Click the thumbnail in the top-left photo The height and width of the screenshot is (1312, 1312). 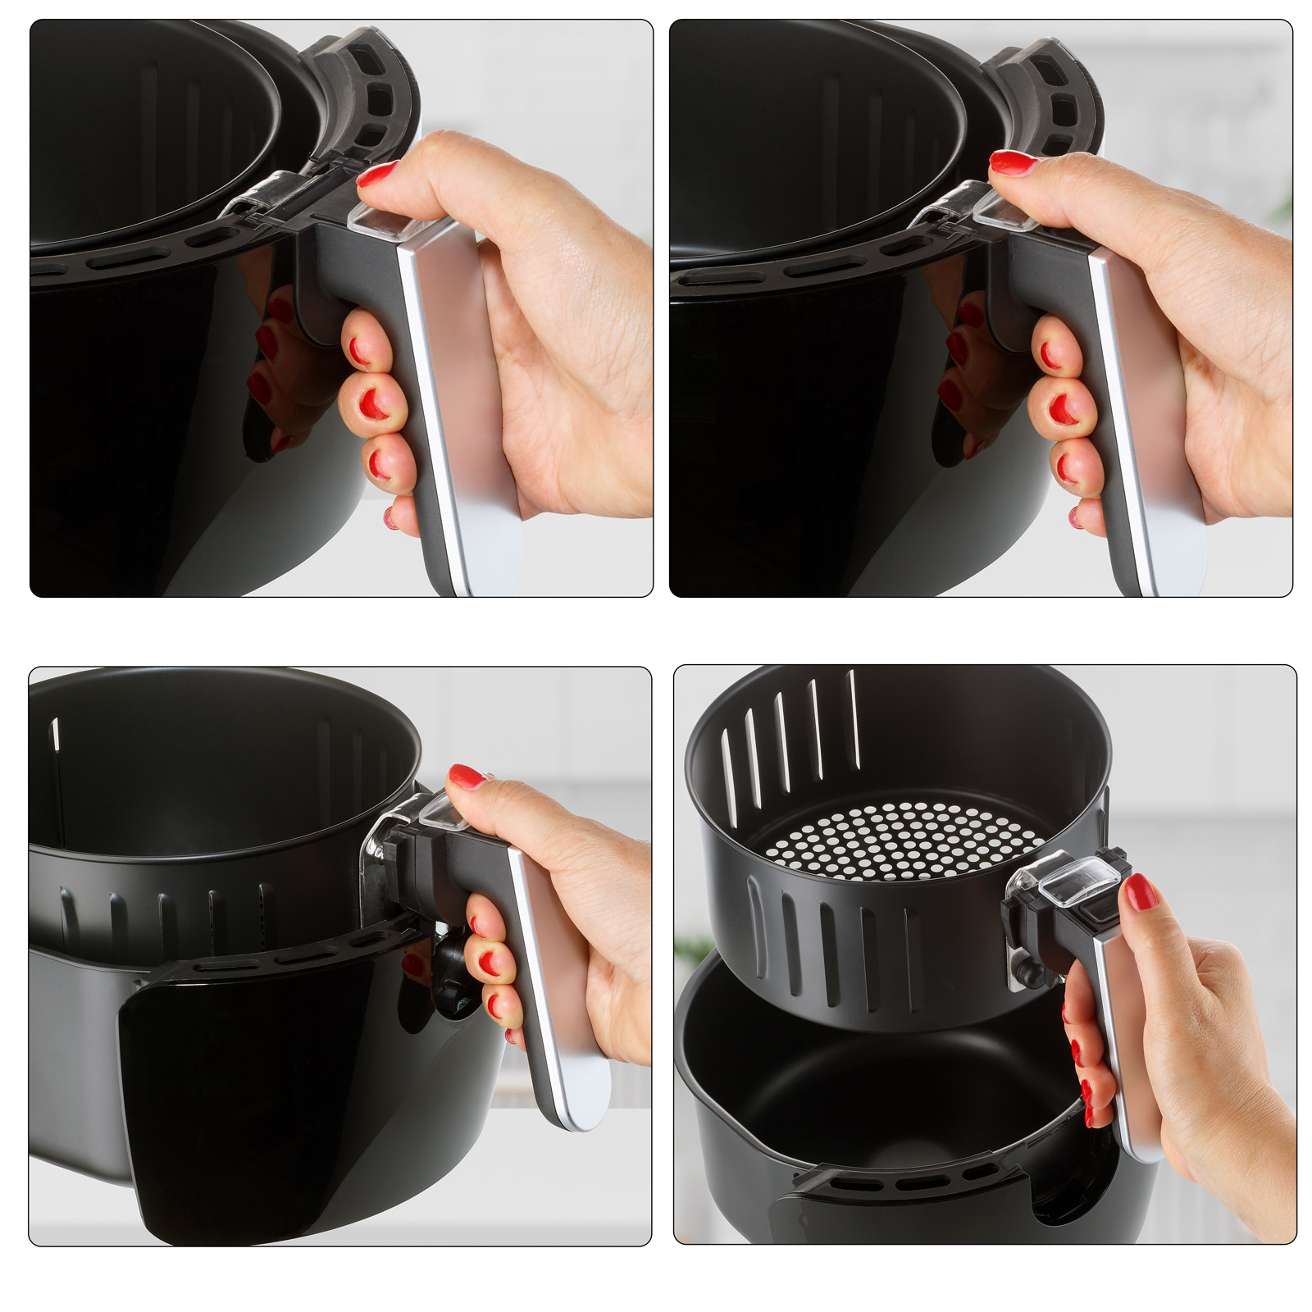click(x=379, y=174)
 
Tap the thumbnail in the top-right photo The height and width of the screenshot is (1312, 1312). click(x=1014, y=161)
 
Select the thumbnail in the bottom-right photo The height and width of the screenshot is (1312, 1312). click(x=1141, y=891)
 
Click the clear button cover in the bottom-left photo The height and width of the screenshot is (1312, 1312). click(x=443, y=810)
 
